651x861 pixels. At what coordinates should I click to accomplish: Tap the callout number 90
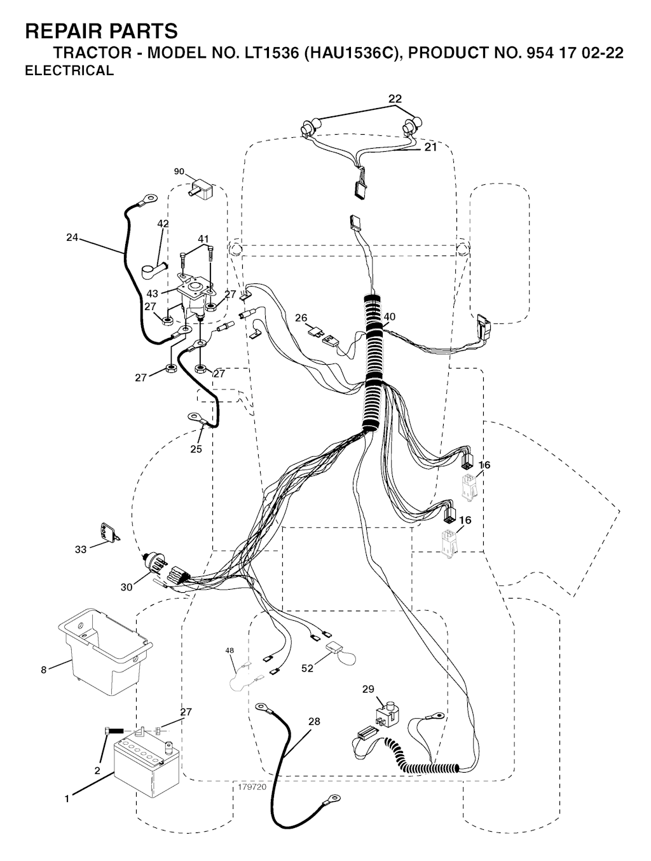tap(179, 172)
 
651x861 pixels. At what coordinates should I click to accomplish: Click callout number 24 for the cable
tap(72, 237)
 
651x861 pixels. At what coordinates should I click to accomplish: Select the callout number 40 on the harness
tap(390, 316)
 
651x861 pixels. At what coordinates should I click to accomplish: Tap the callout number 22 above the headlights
tap(395, 98)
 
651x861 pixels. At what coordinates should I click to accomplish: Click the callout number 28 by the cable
tap(314, 721)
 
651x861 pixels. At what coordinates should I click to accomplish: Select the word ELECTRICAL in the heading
tap(69, 71)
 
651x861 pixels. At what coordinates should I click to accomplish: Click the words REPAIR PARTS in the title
tap(101, 31)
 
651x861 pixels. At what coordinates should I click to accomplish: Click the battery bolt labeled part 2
tap(114, 731)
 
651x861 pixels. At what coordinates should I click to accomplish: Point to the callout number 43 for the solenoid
tap(152, 294)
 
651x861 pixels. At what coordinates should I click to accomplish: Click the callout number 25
tap(196, 449)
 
